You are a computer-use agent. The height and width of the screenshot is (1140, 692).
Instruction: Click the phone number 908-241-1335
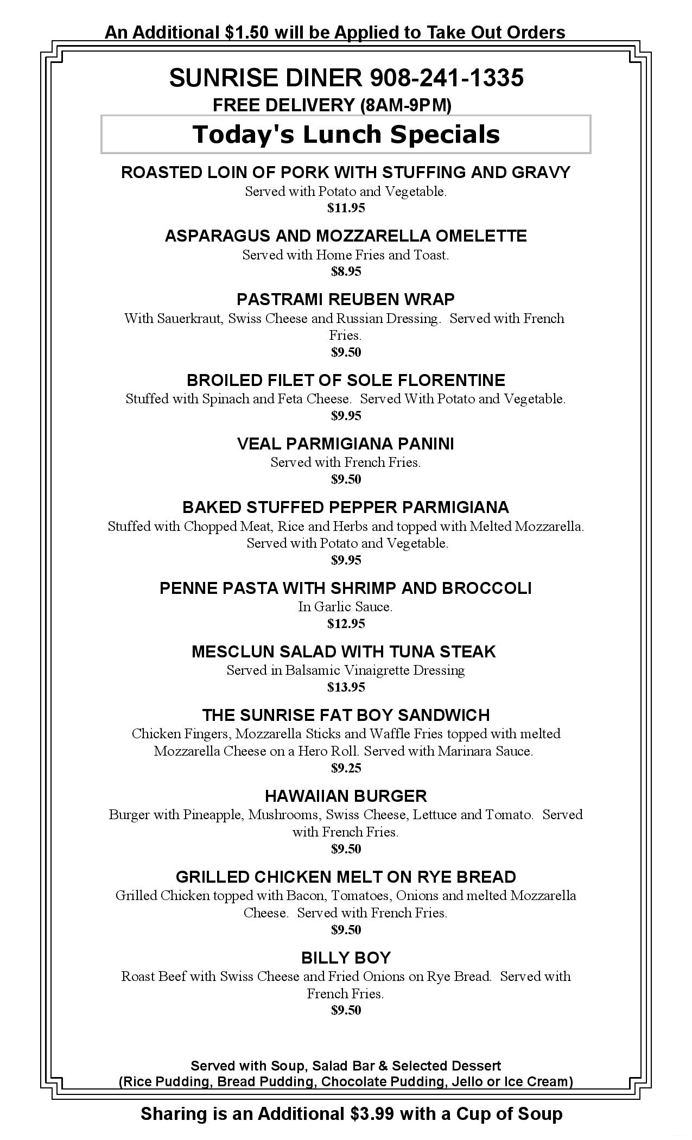click(446, 78)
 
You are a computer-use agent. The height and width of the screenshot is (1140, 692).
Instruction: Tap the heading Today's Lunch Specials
click(346, 135)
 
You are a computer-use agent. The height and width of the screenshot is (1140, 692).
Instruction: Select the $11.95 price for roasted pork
click(346, 208)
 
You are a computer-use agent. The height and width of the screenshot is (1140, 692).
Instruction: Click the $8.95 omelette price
click(346, 271)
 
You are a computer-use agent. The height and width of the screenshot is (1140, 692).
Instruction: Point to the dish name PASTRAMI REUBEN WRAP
click(346, 299)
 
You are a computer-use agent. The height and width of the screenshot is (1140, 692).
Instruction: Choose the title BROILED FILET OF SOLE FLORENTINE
click(346, 380)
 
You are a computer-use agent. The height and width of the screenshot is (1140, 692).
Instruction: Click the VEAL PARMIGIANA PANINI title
click(346, 444)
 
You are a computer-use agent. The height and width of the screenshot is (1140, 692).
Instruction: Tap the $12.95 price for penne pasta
click(346, 624)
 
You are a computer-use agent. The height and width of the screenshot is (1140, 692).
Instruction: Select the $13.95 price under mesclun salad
click(346, 687)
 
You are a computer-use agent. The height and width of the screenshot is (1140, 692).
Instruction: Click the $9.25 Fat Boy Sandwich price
click(346, 768)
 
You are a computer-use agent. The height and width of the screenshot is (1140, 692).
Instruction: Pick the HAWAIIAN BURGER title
click(346, 796)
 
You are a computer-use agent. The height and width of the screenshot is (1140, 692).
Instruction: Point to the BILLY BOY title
click(346, 958)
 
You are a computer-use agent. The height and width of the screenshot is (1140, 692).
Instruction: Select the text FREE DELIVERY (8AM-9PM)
click(332, 105)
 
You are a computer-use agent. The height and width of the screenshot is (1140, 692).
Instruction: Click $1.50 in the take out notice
click(246, 33)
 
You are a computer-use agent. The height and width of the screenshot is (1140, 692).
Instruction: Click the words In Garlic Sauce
click(345, 607)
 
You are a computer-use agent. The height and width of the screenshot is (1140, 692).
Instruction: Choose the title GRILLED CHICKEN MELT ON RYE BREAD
click(346, 877)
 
